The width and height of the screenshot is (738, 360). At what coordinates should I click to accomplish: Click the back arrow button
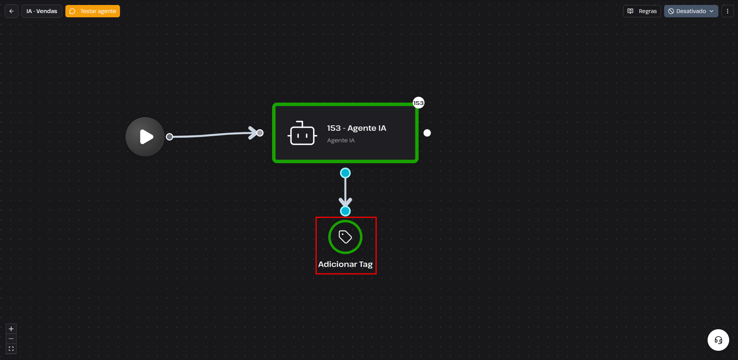(x=12, y=11)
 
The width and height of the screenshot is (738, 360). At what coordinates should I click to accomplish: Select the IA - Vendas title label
(x=42, y=11)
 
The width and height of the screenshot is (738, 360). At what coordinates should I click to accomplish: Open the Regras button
(x=642, y=11)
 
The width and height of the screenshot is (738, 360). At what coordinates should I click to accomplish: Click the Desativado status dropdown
(x=691, y=11)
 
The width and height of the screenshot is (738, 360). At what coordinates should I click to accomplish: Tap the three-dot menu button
(x=727, y=11)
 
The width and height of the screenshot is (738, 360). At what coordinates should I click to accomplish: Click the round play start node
(x=145, y=137)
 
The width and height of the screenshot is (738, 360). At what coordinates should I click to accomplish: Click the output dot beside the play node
(x=170, y=137)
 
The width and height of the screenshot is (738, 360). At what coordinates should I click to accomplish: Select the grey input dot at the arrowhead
(x=260, y=133)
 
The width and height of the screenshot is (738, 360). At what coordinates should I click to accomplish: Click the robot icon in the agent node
(x=302, y=133)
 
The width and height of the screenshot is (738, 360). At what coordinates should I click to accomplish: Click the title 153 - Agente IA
(x=357, y=128)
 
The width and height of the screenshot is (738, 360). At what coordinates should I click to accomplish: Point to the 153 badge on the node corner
(x=418, y=103)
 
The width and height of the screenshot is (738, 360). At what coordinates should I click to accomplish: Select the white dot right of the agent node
(x=427, y=133)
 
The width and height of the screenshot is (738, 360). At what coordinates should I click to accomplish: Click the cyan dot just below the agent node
(x=345, y=173)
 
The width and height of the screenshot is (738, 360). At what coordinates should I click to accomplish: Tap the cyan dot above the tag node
(x=345, y=211)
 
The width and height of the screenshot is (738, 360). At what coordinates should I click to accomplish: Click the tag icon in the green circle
(x=345, y=237)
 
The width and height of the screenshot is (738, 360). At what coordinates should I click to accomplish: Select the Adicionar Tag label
(x=345, y=264)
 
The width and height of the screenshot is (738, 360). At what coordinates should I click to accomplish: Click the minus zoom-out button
(x=11, y=339)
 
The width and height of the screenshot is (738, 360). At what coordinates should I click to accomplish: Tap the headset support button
(x=718, y=340)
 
